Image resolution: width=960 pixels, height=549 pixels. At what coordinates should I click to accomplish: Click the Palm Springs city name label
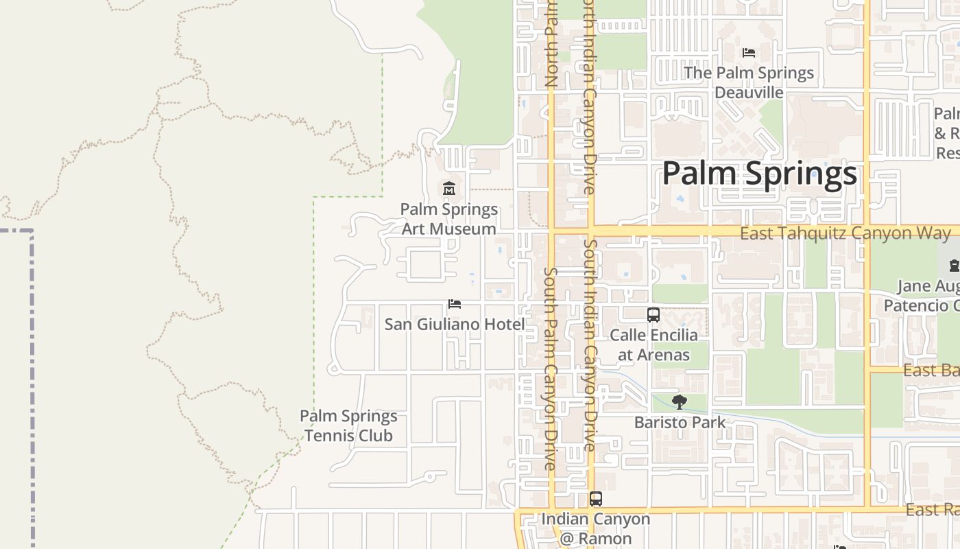coord(759,173)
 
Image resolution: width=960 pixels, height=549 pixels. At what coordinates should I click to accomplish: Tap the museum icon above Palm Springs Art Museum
coord(449,188)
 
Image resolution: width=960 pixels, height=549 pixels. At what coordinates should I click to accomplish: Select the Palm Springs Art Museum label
coord(449,219)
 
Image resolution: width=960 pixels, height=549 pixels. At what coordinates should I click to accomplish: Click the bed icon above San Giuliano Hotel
coord(454,304)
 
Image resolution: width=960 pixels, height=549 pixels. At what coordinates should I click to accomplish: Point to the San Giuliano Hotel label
coord(454,324)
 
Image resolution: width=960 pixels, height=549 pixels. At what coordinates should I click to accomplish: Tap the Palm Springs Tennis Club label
coord(348,425)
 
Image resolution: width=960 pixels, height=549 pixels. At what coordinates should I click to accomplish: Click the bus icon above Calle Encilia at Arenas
coord(653,315)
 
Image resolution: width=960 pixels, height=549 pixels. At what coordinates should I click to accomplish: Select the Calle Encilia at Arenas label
coord(653,344)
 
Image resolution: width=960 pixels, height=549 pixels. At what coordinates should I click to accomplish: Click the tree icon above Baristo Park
coord(680,402)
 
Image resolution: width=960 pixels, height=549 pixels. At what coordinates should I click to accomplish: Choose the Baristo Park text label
coord(680,422)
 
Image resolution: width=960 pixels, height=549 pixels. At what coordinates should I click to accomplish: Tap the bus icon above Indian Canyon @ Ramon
coord(596,499)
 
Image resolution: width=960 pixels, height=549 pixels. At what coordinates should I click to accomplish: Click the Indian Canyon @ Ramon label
coord(596,528)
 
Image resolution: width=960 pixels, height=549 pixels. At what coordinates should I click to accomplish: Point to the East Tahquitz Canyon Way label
coord(845,233)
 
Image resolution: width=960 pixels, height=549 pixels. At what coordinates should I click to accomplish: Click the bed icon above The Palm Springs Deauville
coord(749,53)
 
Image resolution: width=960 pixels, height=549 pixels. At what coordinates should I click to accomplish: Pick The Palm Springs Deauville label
coord(749,82)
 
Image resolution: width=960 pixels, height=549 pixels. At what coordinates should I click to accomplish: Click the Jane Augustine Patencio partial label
coord(928,295)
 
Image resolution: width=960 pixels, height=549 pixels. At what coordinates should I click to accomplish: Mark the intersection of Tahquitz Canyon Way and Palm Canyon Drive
coord(551,231)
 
